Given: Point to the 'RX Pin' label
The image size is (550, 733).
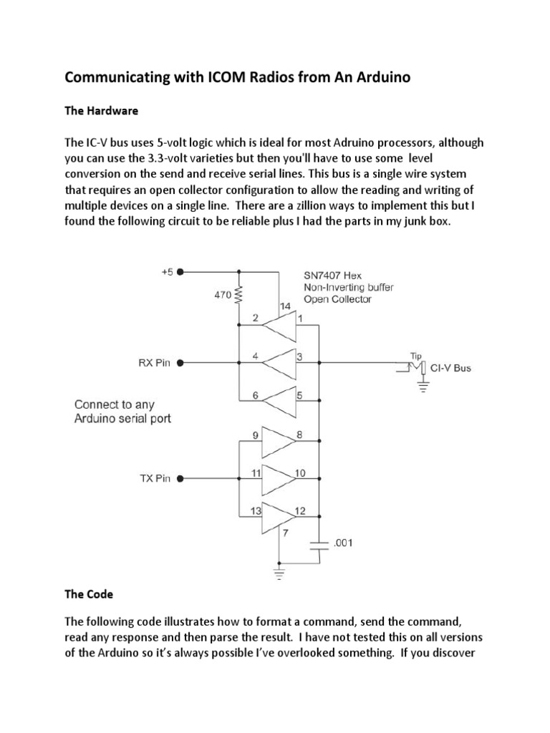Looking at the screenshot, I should pos(154,363).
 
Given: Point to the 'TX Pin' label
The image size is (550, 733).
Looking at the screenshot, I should pos(155,479).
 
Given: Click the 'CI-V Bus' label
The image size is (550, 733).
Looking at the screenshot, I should pos(451,369).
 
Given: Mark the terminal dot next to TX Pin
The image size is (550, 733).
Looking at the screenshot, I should pos(180,479).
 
